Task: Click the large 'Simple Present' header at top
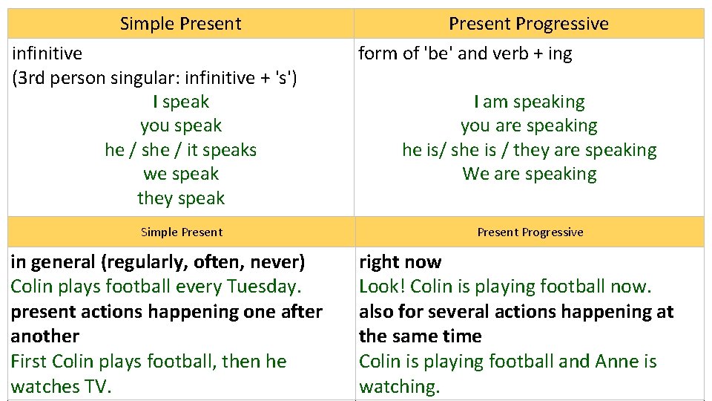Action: [x=180, y=23]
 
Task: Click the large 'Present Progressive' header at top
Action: [x=528, y=23]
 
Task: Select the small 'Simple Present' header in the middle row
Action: [x=181, y=232]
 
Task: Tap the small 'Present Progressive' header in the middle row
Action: [x=530, y=232]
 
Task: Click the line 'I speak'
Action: [x=181, y=102]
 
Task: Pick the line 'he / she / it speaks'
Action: [x=181, y=150]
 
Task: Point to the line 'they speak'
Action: [x=181, y=198]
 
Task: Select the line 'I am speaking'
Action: [x=529, y=102]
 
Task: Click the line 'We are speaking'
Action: [x=529, y=174]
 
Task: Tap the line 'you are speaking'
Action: [x=529, y=126]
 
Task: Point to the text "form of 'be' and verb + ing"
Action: [x=465, y=53]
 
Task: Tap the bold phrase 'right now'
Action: [x=400, y=262]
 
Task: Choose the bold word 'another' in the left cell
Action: [x=44, y=336]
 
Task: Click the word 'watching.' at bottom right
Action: [x=399, y=387]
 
